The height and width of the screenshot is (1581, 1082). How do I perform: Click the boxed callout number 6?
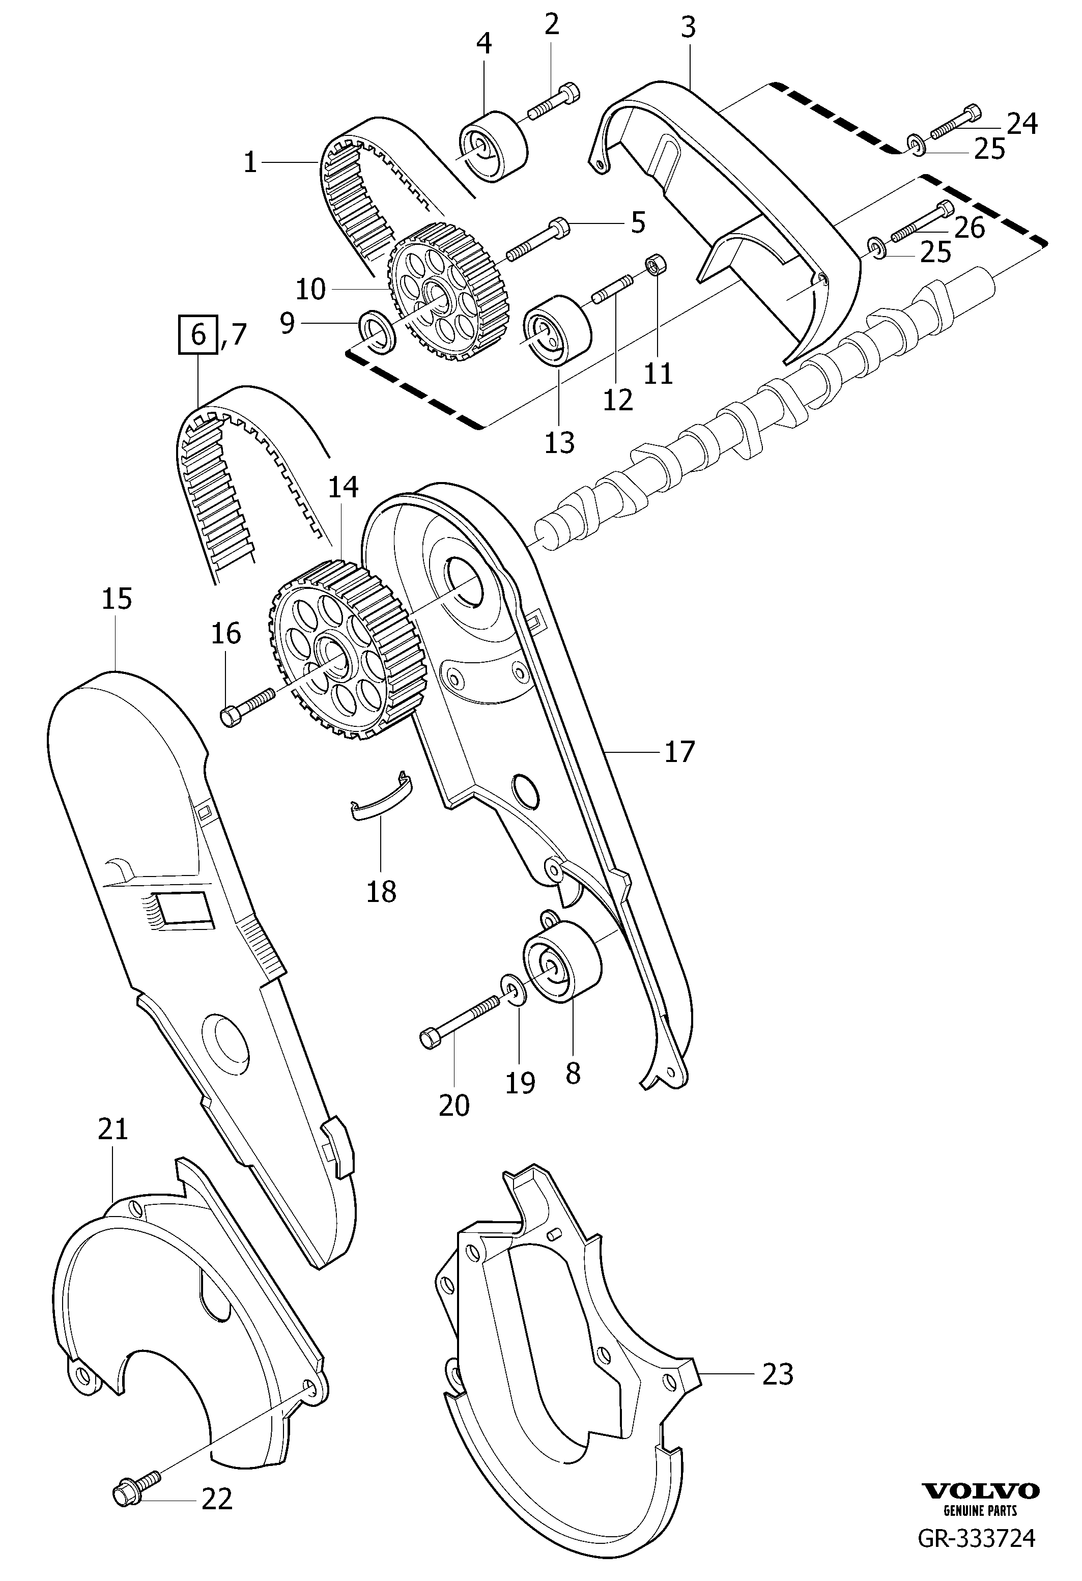(x=198, y=335)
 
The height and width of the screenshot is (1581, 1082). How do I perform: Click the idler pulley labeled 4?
(x=493, y=149)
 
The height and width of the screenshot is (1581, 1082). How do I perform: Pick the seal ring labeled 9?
(x=377, y=331)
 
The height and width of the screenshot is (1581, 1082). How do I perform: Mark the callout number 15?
(x=117, y=599)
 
